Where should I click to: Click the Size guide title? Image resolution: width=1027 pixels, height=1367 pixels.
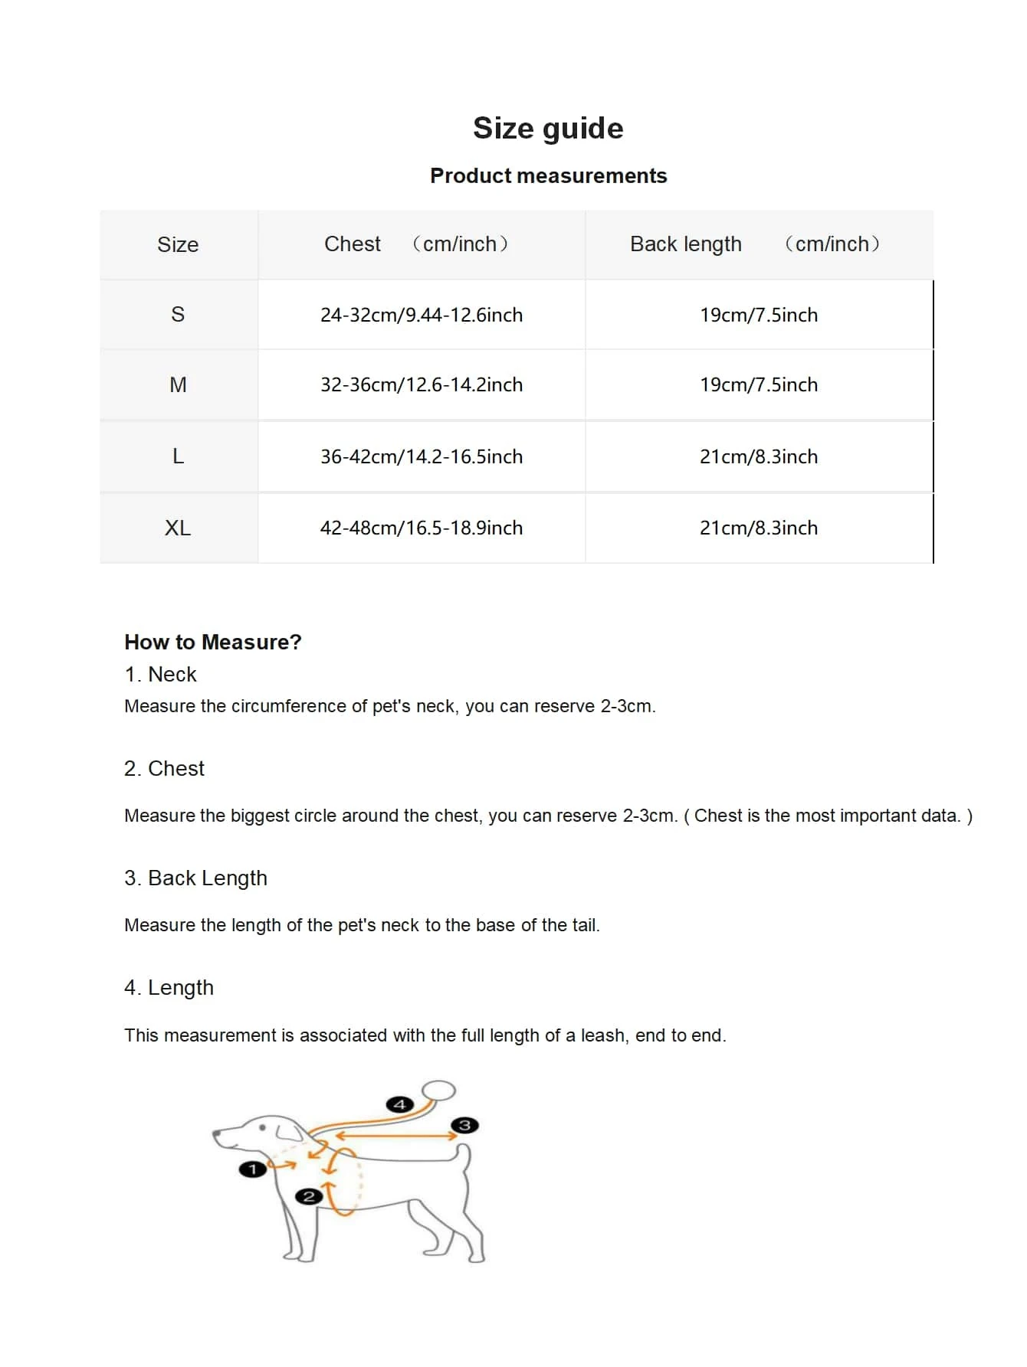click(x=548, y=128)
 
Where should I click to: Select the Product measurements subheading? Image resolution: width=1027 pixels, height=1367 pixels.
click(x=548, y=175)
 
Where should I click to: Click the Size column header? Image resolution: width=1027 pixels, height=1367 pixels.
click(x=178, y=244)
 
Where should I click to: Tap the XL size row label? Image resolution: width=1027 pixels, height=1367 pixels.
click(x=178, y=528)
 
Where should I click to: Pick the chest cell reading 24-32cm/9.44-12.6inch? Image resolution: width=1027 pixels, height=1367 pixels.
click(x=422, y=315)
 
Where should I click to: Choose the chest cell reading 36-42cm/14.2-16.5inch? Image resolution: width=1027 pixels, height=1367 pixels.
click(x=422, y=456)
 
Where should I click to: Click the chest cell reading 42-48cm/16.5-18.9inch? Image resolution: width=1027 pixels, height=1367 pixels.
click(x=422, y=528)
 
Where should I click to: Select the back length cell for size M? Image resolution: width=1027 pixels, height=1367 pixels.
click(x=759, y=384)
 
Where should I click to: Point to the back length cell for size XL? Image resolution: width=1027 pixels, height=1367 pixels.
click(x=759, y=528)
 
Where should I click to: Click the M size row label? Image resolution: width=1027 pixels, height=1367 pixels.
click(x=178, y=384)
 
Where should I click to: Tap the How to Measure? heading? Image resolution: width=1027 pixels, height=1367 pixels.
click(x=213, y=642)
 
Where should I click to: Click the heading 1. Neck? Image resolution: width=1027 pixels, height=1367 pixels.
click(x=160, y=674)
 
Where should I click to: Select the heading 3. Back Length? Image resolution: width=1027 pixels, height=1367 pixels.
click(x=195, y=878)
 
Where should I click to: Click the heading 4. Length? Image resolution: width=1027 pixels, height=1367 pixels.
click(x=169, y=987)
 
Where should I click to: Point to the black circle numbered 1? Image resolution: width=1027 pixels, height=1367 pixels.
click(x=252, y=1169)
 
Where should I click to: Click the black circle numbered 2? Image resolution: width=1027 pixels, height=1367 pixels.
click(x=309, y=1196)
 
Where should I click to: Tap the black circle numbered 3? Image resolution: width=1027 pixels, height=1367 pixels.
click(x=464, y=1125)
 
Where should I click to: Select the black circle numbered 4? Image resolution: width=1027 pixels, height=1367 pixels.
click(x=399, y=1104)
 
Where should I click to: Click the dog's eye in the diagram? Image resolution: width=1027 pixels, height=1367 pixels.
click(x=264, y=1128)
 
